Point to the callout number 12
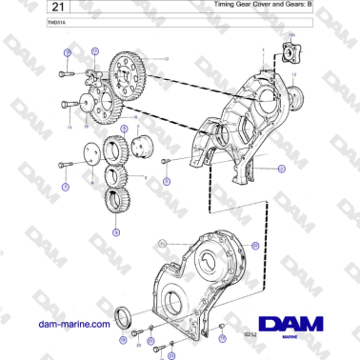tap(164, 59)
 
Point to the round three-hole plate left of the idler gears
tap(94, 152)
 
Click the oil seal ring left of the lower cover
tap(123, 316)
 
